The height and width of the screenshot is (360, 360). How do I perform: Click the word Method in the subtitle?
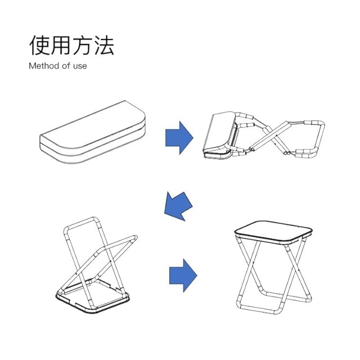pos(43,66)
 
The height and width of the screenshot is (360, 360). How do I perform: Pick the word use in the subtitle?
pos(80,66)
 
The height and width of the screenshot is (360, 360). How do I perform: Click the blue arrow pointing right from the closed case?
pos(179,137)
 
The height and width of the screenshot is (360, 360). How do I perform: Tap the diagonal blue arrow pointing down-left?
pos(178,205)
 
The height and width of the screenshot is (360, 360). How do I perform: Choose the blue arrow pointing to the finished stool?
pos(183,275)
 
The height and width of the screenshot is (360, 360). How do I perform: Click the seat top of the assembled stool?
pos(273,229)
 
